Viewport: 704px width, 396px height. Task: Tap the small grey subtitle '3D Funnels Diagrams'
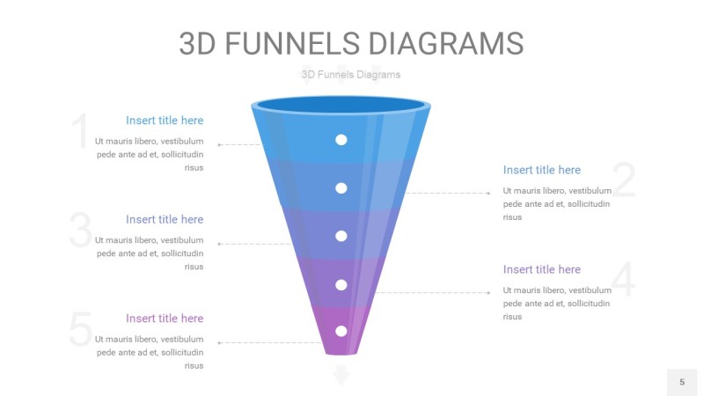click(x=350, y=75)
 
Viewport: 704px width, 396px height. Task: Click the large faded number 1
click(x=80, y=133)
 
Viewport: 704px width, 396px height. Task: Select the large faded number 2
click(x=623, y=180)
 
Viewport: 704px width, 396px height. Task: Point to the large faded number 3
click(x=80, y=231)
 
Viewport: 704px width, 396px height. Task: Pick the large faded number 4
click(x=623, y=281)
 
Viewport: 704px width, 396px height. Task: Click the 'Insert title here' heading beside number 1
click(x=165, y=121)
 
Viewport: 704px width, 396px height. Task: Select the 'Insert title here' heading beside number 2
click(x=542, y=170)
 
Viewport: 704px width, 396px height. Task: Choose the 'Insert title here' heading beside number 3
click(x=165, y=219)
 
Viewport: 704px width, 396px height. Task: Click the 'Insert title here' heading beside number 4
click(x=542, y=269)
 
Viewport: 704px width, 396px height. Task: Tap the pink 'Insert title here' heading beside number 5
click(x=165, y=319)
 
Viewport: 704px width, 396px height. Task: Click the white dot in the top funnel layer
click(x=341, y=140)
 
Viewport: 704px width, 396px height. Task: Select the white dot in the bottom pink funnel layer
click(x=341, y=331)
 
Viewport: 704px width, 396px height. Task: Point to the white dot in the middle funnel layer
click(x=341, y=236)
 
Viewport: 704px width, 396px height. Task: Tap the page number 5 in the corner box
click(x=682, y=382)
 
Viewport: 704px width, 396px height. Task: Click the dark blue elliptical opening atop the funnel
click(x=341, y=106)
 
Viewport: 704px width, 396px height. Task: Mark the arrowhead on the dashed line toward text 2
click(x=488, y=193)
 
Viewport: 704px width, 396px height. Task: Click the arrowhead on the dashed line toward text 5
click(x=220, y=342)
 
